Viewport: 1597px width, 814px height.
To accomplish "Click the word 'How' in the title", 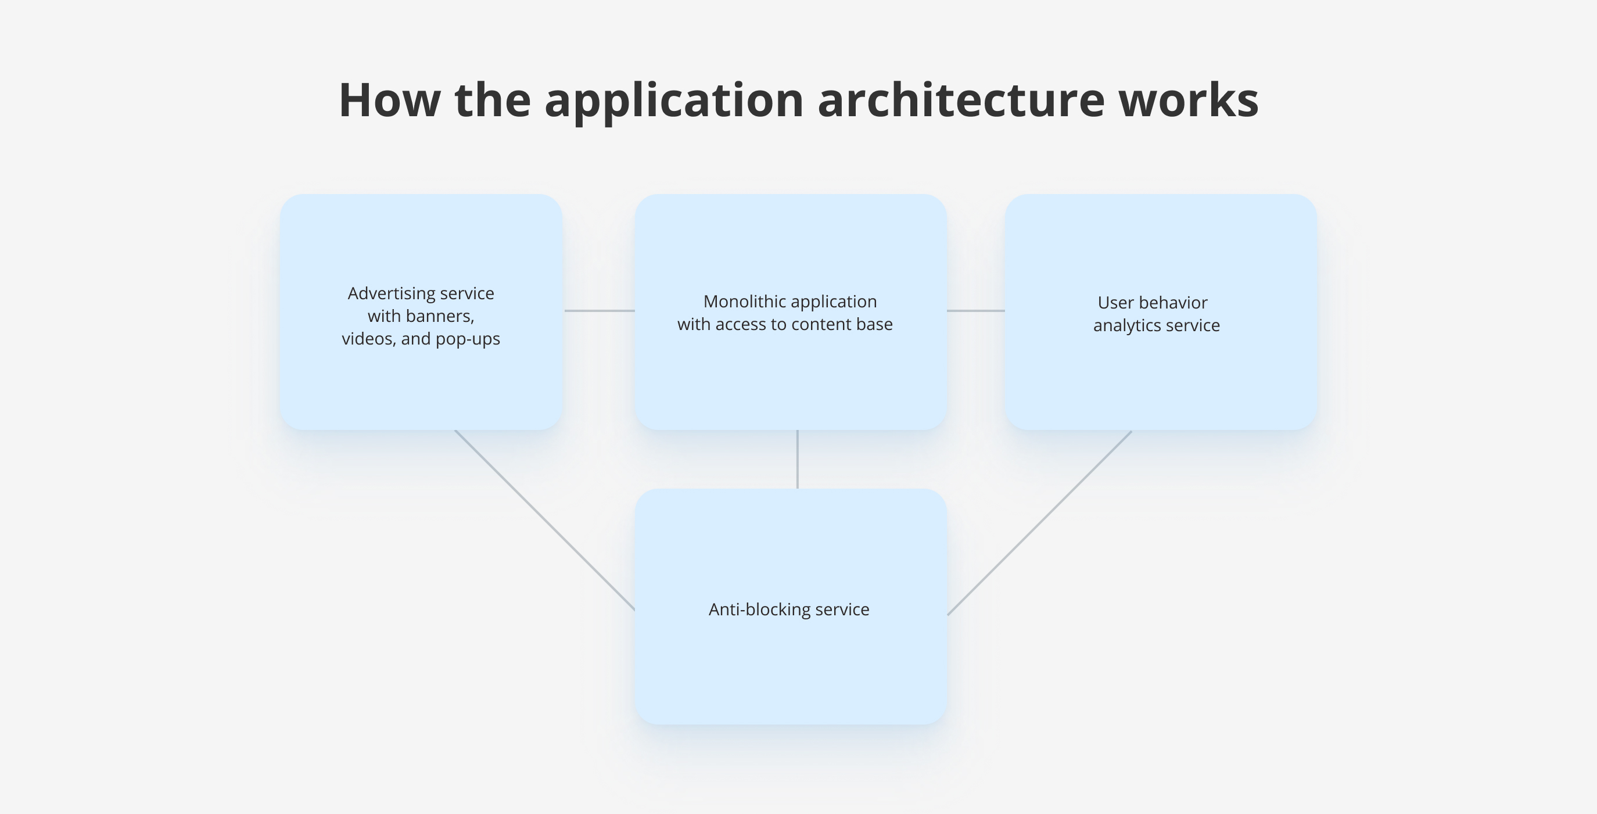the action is coord(389,100).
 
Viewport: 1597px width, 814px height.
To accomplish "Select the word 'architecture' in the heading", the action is coord(961,100).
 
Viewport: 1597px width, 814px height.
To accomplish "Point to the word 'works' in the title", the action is coord(1189,100).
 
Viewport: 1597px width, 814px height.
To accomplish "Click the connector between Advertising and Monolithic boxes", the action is coord(599,311).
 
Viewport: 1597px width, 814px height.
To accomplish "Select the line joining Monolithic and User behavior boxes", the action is coord(976,311).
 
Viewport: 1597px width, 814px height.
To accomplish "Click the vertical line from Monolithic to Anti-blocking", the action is coord(797,460).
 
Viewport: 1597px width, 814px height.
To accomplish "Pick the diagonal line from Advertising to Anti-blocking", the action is coord(545,520).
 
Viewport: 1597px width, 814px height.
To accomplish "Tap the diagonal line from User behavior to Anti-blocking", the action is coord(1040,522).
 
